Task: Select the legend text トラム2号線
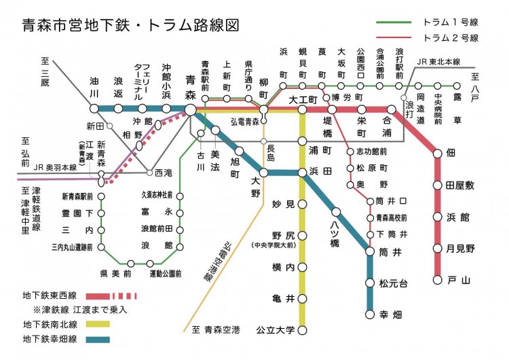click(450, 38)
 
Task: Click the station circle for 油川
click(94, 108)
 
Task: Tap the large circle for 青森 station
click(191, 109)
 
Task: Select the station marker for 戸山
click(437, 279)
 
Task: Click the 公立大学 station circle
click(303, 331)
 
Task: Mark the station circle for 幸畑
click(370, 314)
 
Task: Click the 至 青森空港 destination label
click(216, 331)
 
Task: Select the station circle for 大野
click(263, 173)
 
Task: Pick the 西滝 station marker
click(149, 173)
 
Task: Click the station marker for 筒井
click(370, 252)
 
